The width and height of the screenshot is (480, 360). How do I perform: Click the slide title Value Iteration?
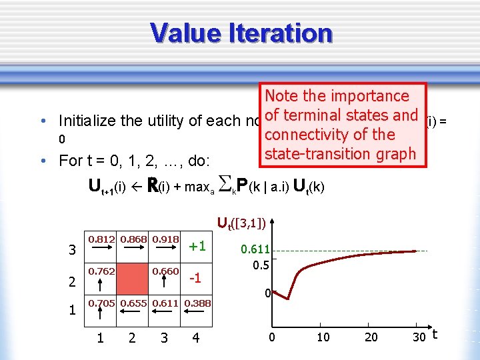point(241,33)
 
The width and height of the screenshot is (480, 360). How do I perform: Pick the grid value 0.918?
point(165,239)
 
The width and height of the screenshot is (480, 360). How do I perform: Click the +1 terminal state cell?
point(197,246)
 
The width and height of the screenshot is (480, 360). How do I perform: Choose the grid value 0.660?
point(165,271)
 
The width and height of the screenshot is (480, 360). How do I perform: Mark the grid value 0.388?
point(197,303)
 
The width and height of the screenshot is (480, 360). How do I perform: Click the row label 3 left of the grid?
point(72,251)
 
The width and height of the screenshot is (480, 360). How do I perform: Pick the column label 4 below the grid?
point(195,339)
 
